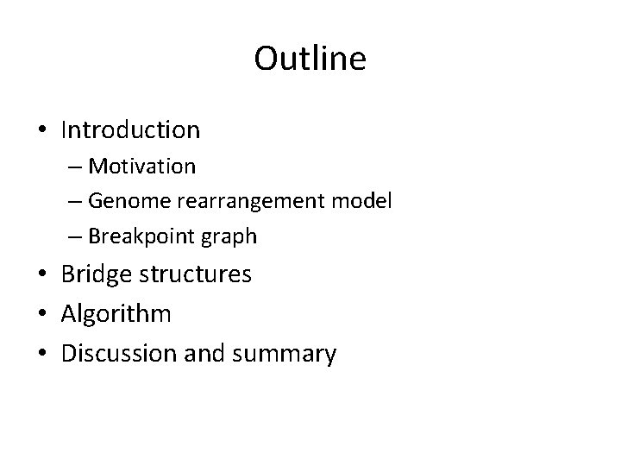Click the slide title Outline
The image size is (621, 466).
tap(310, 60)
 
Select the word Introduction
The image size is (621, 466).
tap(130, 130)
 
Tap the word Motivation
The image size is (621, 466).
tap(142, 165)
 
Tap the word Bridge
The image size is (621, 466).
tap(97, 274)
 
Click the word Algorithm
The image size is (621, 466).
tap(116, 314)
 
